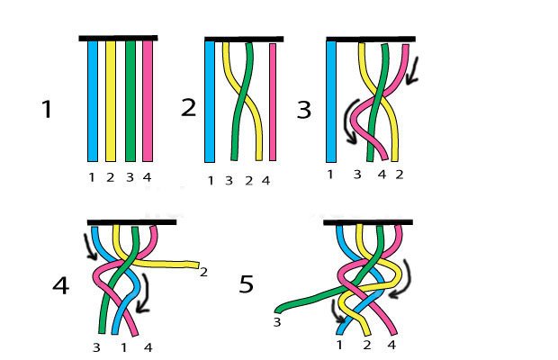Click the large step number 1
tap(47, 111)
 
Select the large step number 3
tap(303, 110)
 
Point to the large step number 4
tap(60, 286)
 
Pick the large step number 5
tap(247, 285)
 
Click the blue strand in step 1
tap(92, 99)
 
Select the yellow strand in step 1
tap(111, 99)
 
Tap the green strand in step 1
tap(130, 99)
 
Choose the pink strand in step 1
tap(148, 99)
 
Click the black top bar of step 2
tap(243, 39)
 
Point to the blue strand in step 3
tap(330, 99)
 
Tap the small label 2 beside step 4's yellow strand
tap(203, 271)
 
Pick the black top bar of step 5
tap(367, 221)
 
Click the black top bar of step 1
tap(118, 38)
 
